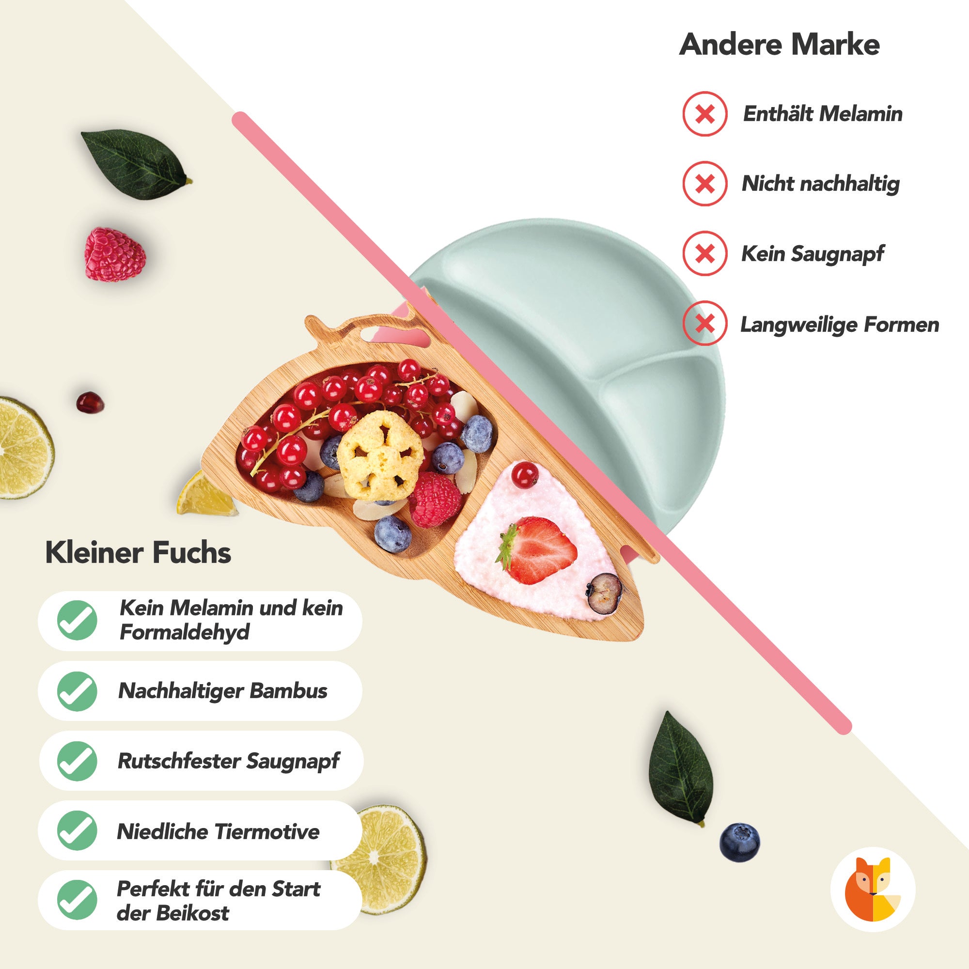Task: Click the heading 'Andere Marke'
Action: tap(779, 45)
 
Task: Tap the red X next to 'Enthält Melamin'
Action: tap(704, 114)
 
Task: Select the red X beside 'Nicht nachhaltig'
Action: tap(704, 184)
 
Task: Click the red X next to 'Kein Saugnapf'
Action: tap(704, 253)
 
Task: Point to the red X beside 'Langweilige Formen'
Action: tap(704, 324)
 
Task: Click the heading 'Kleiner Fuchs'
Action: tap(138, 553)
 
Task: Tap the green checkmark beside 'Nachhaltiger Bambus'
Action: tap(77, 691)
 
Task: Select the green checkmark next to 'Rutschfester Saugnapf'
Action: tap(77, 761)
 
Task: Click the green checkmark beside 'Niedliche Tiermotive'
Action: tap(77, 831)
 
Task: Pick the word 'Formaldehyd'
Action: tap(185, 632)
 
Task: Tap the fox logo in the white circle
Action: tap(873, 889)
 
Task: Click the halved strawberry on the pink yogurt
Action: tap(537, 551)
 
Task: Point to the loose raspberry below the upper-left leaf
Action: tap(115, 254)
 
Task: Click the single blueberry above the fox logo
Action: tap(740, 842)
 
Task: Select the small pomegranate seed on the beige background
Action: tap(90, 402)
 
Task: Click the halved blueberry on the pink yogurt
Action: tap(604, 594)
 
